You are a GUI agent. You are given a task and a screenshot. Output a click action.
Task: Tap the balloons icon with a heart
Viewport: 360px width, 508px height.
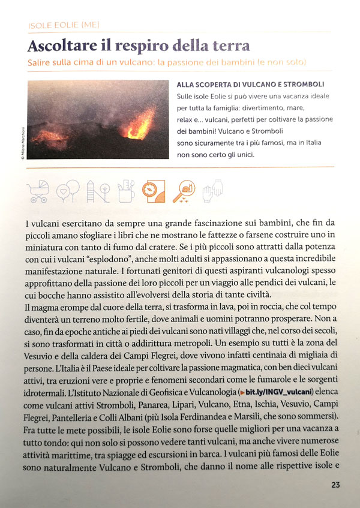click(67, 191)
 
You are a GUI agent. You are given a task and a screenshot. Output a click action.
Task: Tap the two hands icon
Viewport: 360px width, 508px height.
click(211, 190)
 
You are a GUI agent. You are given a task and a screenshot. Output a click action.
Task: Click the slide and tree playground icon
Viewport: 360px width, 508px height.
click(96, 191)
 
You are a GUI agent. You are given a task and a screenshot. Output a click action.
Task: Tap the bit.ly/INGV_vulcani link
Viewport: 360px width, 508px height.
click(275, 392)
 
